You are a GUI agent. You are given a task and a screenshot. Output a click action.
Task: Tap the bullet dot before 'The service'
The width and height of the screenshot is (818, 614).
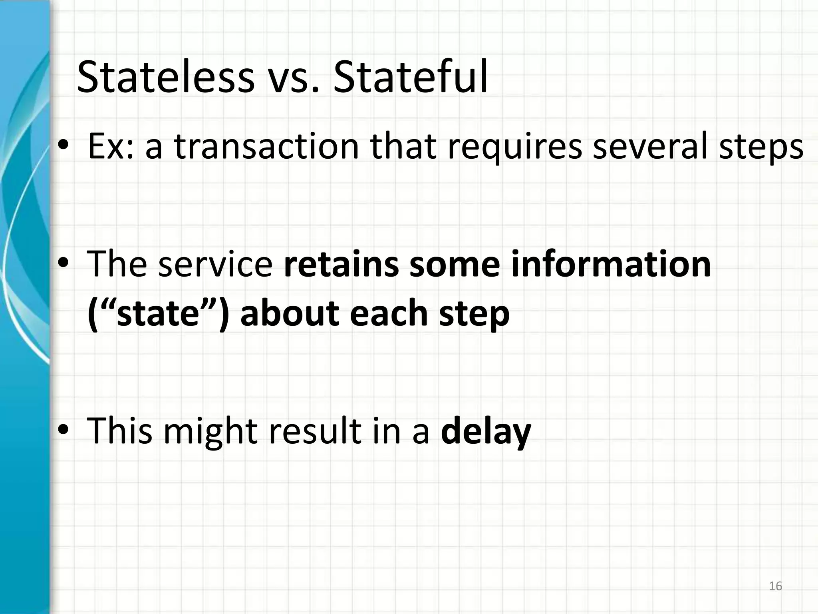point(64,264)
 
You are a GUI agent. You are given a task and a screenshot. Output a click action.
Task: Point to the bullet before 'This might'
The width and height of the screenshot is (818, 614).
point(64,431)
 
